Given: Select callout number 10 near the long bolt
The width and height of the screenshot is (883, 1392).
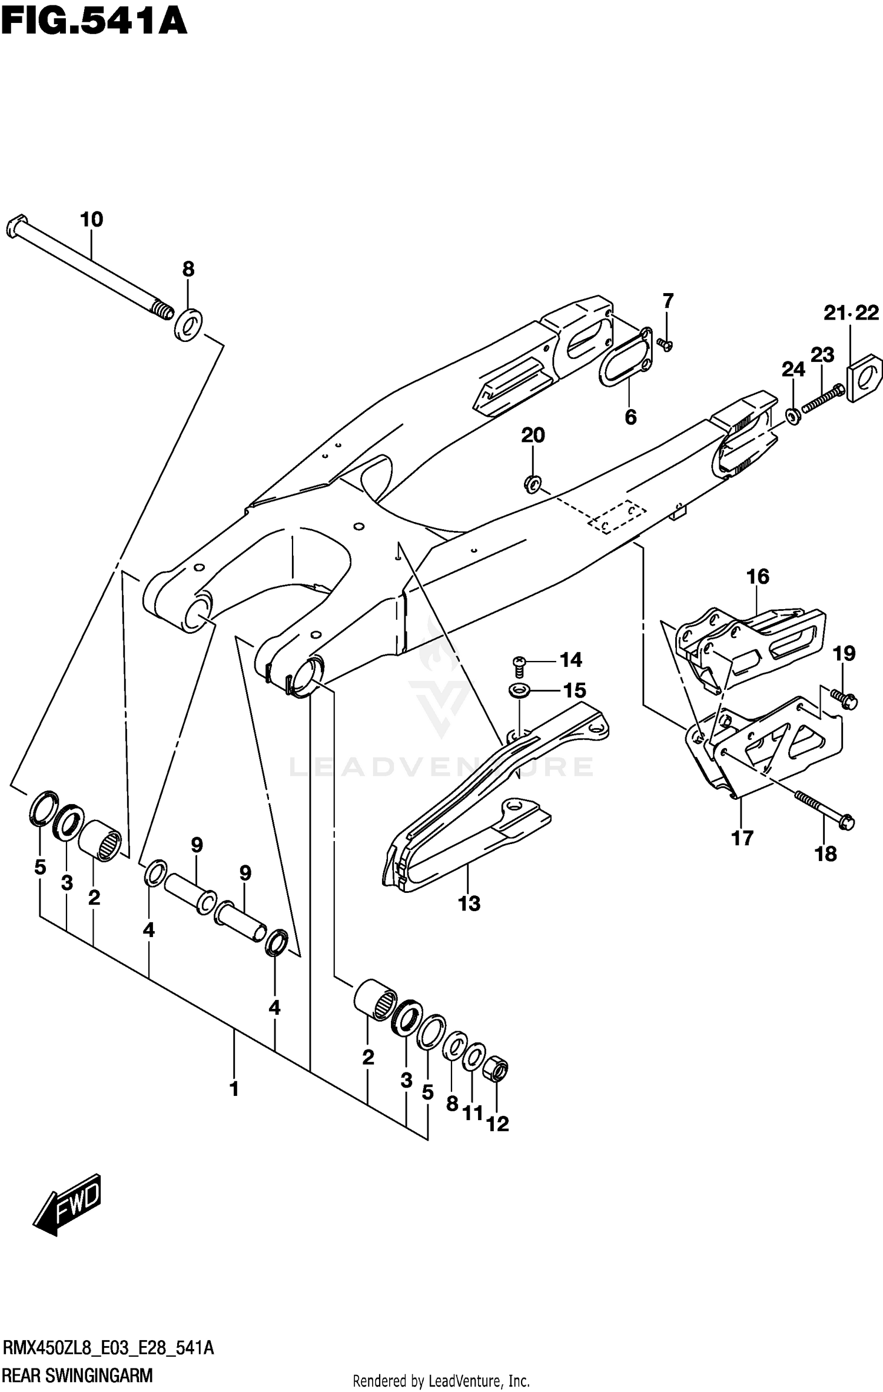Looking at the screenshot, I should (x=91, y=220).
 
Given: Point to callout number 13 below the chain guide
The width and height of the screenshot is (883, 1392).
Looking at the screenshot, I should (x=469, y=903).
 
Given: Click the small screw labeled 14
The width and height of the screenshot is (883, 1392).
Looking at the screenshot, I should (x=519, y=664).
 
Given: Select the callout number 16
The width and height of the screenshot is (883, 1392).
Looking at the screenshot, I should (x=758, y=576).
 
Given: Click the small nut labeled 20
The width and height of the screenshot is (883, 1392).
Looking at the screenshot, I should (x=532, y=484).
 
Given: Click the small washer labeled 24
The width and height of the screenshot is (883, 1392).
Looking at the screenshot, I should (x=793, y=417).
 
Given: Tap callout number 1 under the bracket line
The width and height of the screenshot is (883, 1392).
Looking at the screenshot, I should (x=234, y=1089).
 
